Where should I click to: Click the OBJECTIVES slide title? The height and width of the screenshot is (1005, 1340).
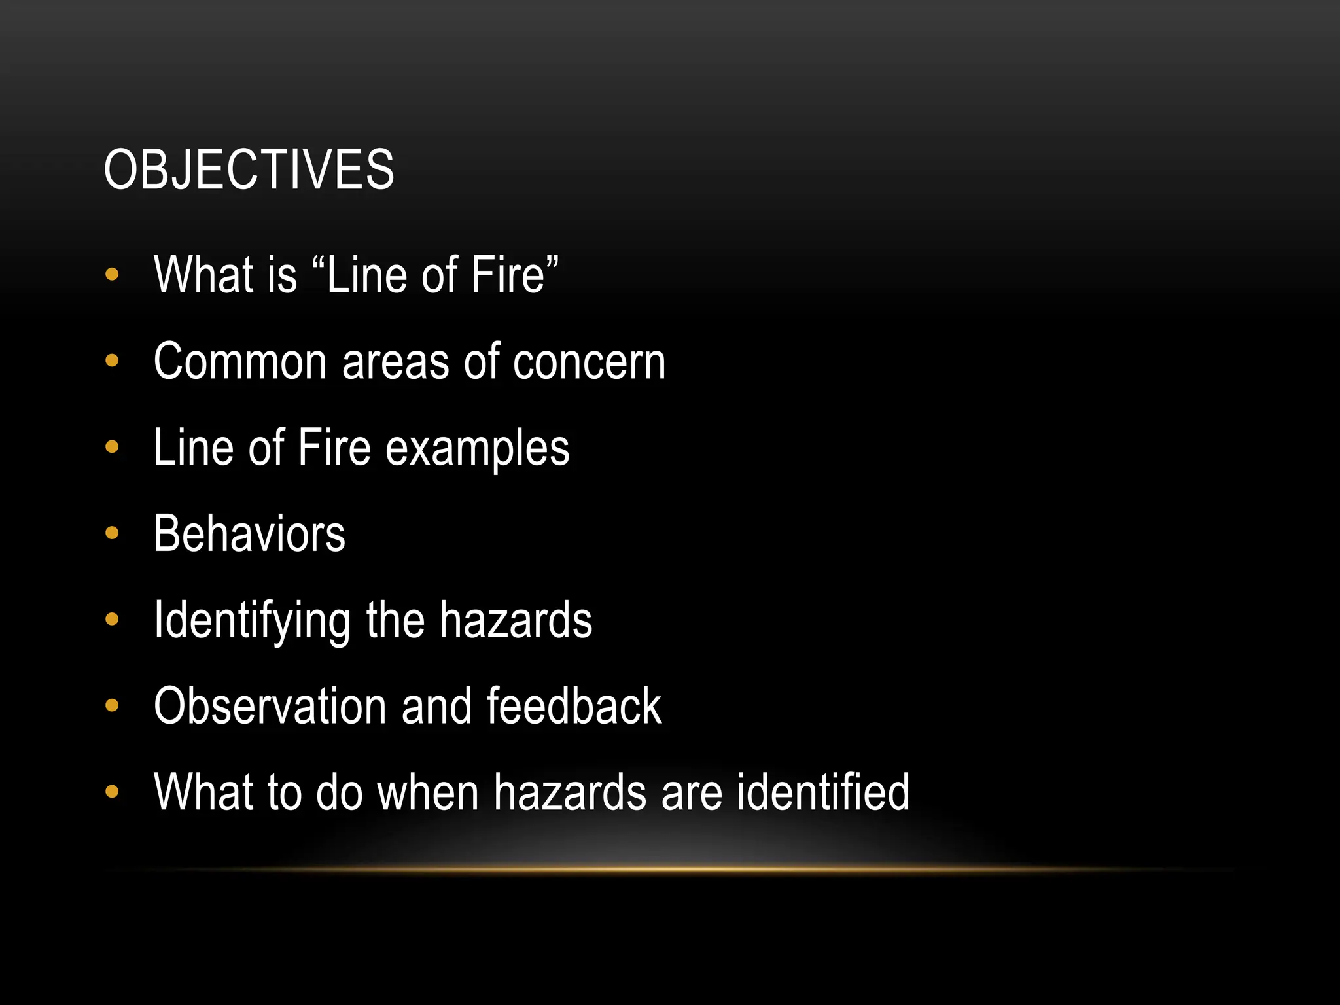[249, 170]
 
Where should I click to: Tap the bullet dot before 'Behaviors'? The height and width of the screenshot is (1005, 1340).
[112, 533]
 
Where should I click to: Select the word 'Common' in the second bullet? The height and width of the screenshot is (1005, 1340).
[239, 361]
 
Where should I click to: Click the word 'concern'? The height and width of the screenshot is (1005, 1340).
[589, 361]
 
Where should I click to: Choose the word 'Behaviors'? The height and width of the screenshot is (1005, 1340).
[249, 534]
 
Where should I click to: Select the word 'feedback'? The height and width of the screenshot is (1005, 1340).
[574, 707]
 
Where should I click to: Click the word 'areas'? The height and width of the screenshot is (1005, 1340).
[395, 362]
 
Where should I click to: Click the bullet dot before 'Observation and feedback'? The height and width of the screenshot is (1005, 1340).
[112, 705]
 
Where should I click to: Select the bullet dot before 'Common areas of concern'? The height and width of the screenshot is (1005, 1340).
[112, 361]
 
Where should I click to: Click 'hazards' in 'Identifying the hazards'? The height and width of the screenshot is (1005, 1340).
[516, 620]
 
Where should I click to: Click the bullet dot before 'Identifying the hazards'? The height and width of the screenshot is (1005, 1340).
[112, 619]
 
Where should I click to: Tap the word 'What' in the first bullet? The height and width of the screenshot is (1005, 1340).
[203, 275]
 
